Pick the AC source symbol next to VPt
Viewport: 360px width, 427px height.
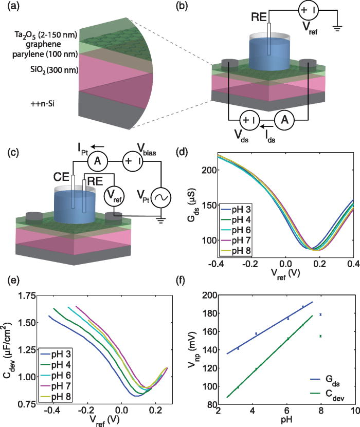[164, 197]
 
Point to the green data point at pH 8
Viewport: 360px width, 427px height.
[320, 336]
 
